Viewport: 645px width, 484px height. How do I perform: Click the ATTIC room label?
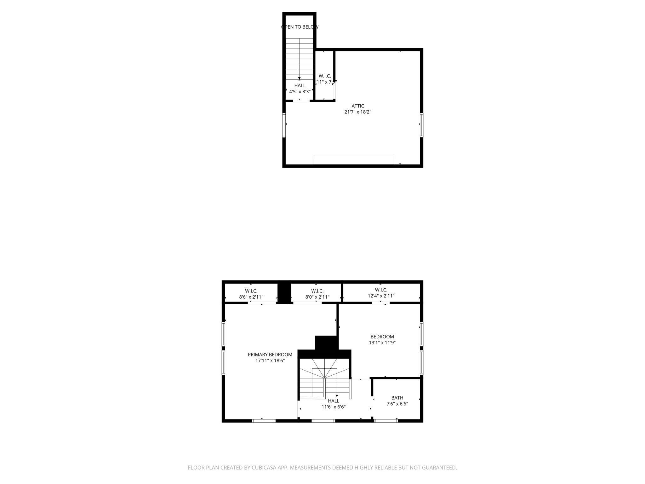358,106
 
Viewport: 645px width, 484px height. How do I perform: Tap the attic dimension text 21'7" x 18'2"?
358,112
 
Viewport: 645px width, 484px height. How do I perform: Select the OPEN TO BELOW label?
300,27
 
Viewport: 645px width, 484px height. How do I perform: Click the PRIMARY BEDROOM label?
270,354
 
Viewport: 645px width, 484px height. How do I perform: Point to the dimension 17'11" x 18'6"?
270,360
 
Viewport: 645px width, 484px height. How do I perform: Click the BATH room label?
397,398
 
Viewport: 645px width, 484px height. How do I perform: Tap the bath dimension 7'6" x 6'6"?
397,404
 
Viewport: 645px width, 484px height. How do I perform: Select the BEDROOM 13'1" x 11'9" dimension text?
382,343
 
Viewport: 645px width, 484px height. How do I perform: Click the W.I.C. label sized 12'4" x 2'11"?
381,290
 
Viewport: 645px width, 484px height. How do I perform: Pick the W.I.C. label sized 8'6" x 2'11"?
251,291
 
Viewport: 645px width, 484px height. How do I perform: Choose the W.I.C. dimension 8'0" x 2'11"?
317,297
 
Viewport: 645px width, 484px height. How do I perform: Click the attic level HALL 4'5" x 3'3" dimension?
300,92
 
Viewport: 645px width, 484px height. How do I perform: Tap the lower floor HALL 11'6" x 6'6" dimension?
334,407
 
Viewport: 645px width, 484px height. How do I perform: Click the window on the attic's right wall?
421,125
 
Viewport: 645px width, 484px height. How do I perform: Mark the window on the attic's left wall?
284,125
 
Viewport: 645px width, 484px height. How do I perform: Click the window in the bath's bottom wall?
386,421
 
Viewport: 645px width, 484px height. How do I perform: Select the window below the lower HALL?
323,421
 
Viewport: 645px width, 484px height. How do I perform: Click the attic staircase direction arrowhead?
299,78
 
